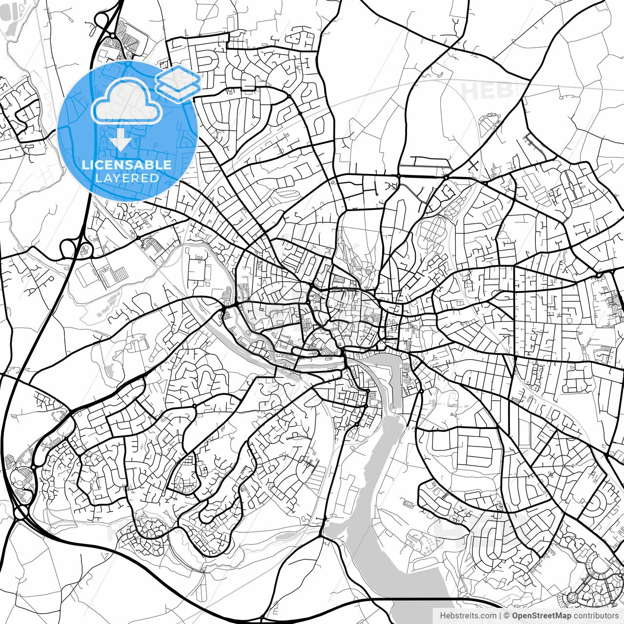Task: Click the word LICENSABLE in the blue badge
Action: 127,165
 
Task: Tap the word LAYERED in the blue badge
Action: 127,178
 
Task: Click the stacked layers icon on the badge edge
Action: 178,83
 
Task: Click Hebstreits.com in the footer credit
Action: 468,616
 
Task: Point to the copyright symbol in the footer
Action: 507,616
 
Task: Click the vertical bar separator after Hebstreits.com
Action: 501,616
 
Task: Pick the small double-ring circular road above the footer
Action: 573,597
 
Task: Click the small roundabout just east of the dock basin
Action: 421,391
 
